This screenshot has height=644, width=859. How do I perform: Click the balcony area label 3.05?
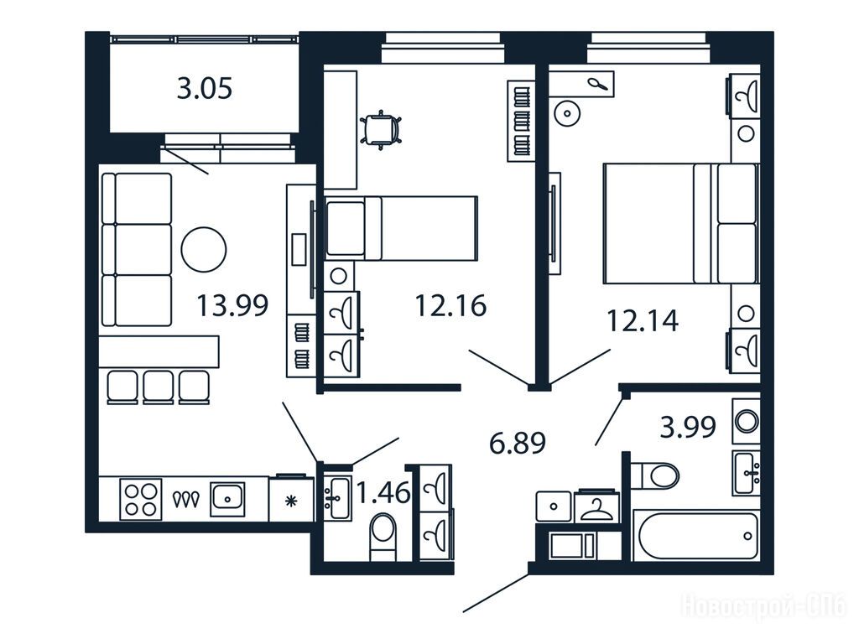click(x=205, y=88)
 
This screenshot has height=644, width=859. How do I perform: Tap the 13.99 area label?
click(x=232, y=305)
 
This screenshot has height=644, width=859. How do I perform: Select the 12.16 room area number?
click(x=450, y=305)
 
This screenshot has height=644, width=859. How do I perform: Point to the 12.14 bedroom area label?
click(x=643, y=320)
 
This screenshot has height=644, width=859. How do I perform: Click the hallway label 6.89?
click(x=517, y=443)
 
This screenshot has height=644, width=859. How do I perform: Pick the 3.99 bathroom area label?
click(x=688, y=427)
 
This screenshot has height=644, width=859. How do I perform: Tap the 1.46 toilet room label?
click(x=383, y=492)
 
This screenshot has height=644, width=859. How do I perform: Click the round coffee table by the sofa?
click(x=204, y=249)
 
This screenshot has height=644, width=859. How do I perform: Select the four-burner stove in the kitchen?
click(x=141, y=499)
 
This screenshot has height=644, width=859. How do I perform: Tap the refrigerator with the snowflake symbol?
click(x=291, y=499)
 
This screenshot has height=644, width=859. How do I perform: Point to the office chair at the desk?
click(x=382, y=130)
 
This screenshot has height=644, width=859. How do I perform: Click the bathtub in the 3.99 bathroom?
click(x=695, y=537)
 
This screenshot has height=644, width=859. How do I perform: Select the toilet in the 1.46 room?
click(x=383, y=536)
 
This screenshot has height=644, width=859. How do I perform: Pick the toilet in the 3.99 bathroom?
click(x=654, y=475)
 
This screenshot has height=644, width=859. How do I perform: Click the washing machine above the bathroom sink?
click(x=746, y=422)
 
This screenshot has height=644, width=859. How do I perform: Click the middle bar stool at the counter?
click(x=159, y=387)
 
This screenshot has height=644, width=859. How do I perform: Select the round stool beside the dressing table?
click(x=568, y=114)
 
